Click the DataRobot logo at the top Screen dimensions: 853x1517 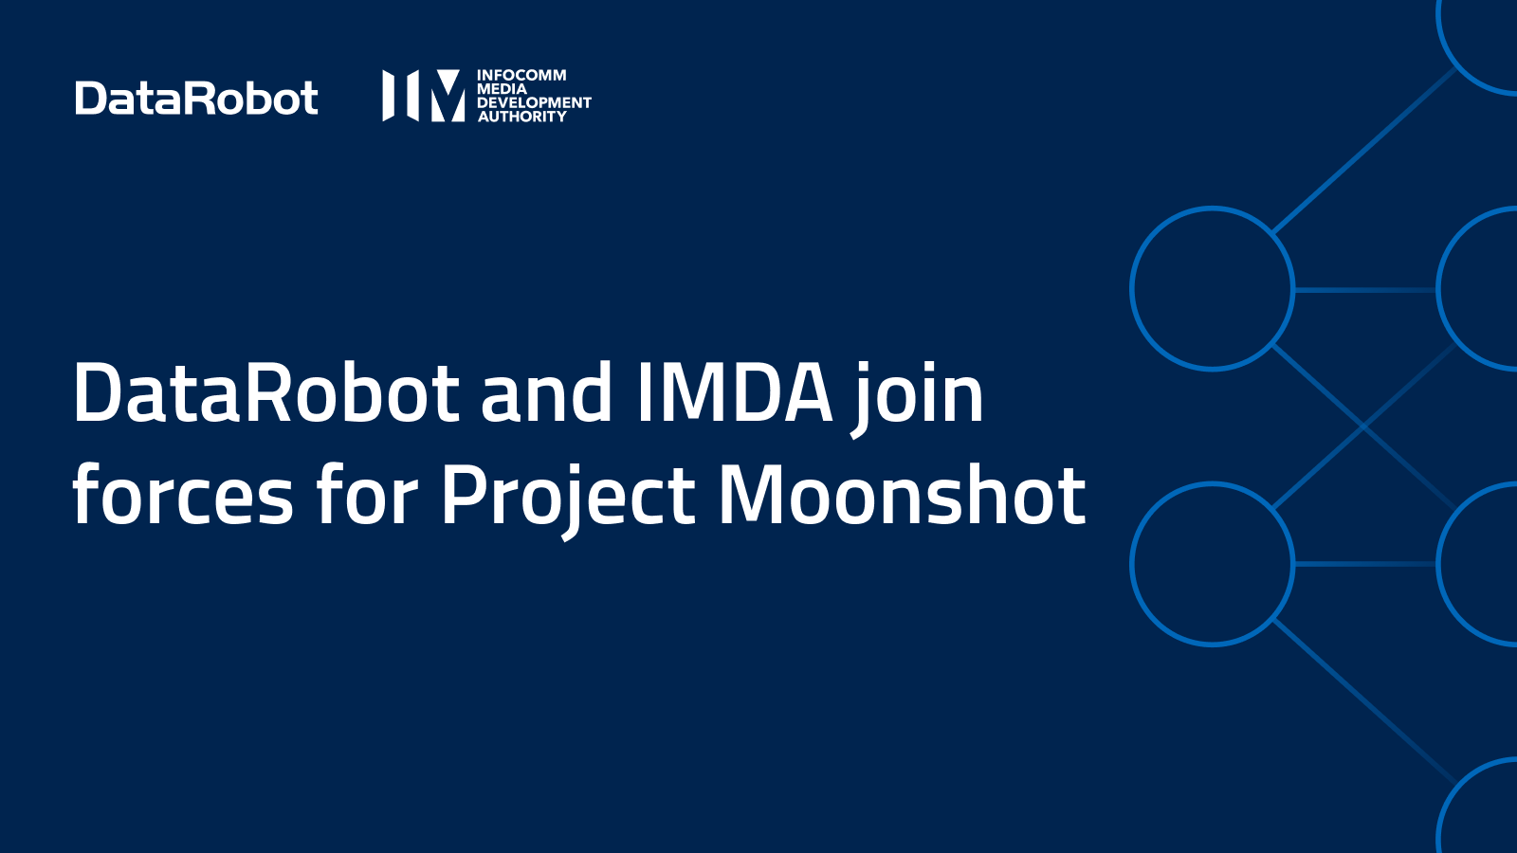(196, 99)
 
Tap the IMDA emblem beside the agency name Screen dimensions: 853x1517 (423, 95)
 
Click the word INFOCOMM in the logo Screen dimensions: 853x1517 (521, 75)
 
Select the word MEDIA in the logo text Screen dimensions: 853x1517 (502, 89)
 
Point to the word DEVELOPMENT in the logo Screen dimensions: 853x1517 (534, 102)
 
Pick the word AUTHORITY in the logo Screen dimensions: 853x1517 (521, 117)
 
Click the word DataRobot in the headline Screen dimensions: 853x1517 (266, 393)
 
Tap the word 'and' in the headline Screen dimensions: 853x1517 (546, 393)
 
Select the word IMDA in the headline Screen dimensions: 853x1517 (734, 393)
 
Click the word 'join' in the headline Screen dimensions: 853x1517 (918, 396)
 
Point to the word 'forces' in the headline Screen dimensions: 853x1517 (183, 496)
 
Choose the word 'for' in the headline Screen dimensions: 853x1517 (367, 496)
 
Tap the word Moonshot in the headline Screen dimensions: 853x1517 (901, 496)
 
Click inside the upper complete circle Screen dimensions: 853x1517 (1212, 288)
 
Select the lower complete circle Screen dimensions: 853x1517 (1212, 564)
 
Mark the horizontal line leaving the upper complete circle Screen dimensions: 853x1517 (1365, 289)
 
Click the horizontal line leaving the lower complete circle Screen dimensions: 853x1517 (1365, 564)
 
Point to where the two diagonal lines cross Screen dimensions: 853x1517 (1365, 426)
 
